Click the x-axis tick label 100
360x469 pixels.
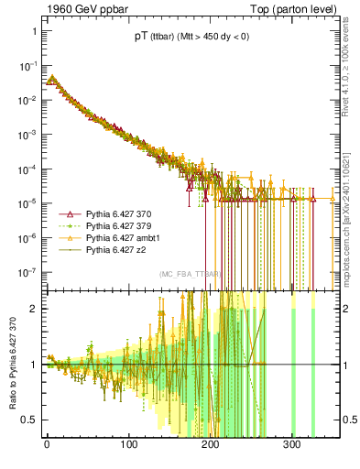click(x=128, y=444)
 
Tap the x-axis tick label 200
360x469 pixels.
click(x=210, y=444)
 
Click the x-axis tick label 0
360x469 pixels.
click(x=47, y=444)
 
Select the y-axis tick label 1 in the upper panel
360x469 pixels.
click(x=33, y=31)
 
